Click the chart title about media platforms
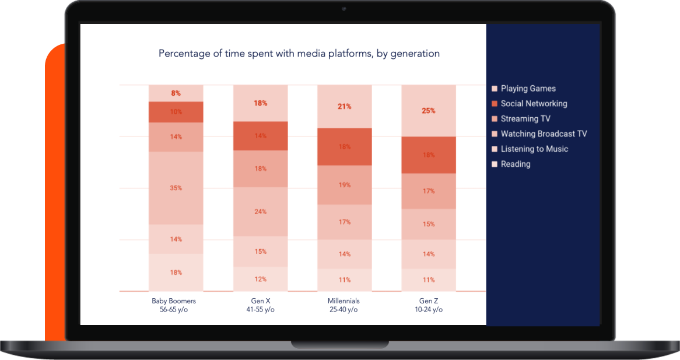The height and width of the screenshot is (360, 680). coord(299,53)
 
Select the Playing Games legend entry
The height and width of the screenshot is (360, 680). coord(524,89)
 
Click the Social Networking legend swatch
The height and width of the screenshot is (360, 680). coord(495,104)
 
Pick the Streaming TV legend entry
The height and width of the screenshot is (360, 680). coord(521,119)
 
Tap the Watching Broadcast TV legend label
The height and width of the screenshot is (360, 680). coord(544,134)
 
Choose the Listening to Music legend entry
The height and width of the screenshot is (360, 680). coord(530,149)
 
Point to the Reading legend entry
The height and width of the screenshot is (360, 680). coord(511,164)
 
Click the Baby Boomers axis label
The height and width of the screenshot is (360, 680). coord(173,305)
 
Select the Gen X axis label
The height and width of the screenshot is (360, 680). coord(260,305)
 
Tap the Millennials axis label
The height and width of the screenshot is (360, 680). coord(343,305)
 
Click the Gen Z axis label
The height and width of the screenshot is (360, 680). coord(429,305)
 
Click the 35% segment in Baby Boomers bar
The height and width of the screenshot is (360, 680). coord(176,188)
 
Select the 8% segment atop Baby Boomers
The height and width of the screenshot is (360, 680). coord(176,93)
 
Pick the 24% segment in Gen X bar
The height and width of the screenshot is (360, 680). coord(261,212)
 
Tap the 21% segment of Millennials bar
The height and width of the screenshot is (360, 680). coord(345,106)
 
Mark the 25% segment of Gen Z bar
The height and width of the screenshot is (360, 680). coord(429,111)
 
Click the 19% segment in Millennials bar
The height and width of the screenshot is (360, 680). coord(345,185)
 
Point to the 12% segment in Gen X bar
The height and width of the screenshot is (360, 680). coord(261,279)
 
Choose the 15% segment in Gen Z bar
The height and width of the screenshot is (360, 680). coord(429,224)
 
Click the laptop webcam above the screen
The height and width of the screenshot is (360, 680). coord(344,9)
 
